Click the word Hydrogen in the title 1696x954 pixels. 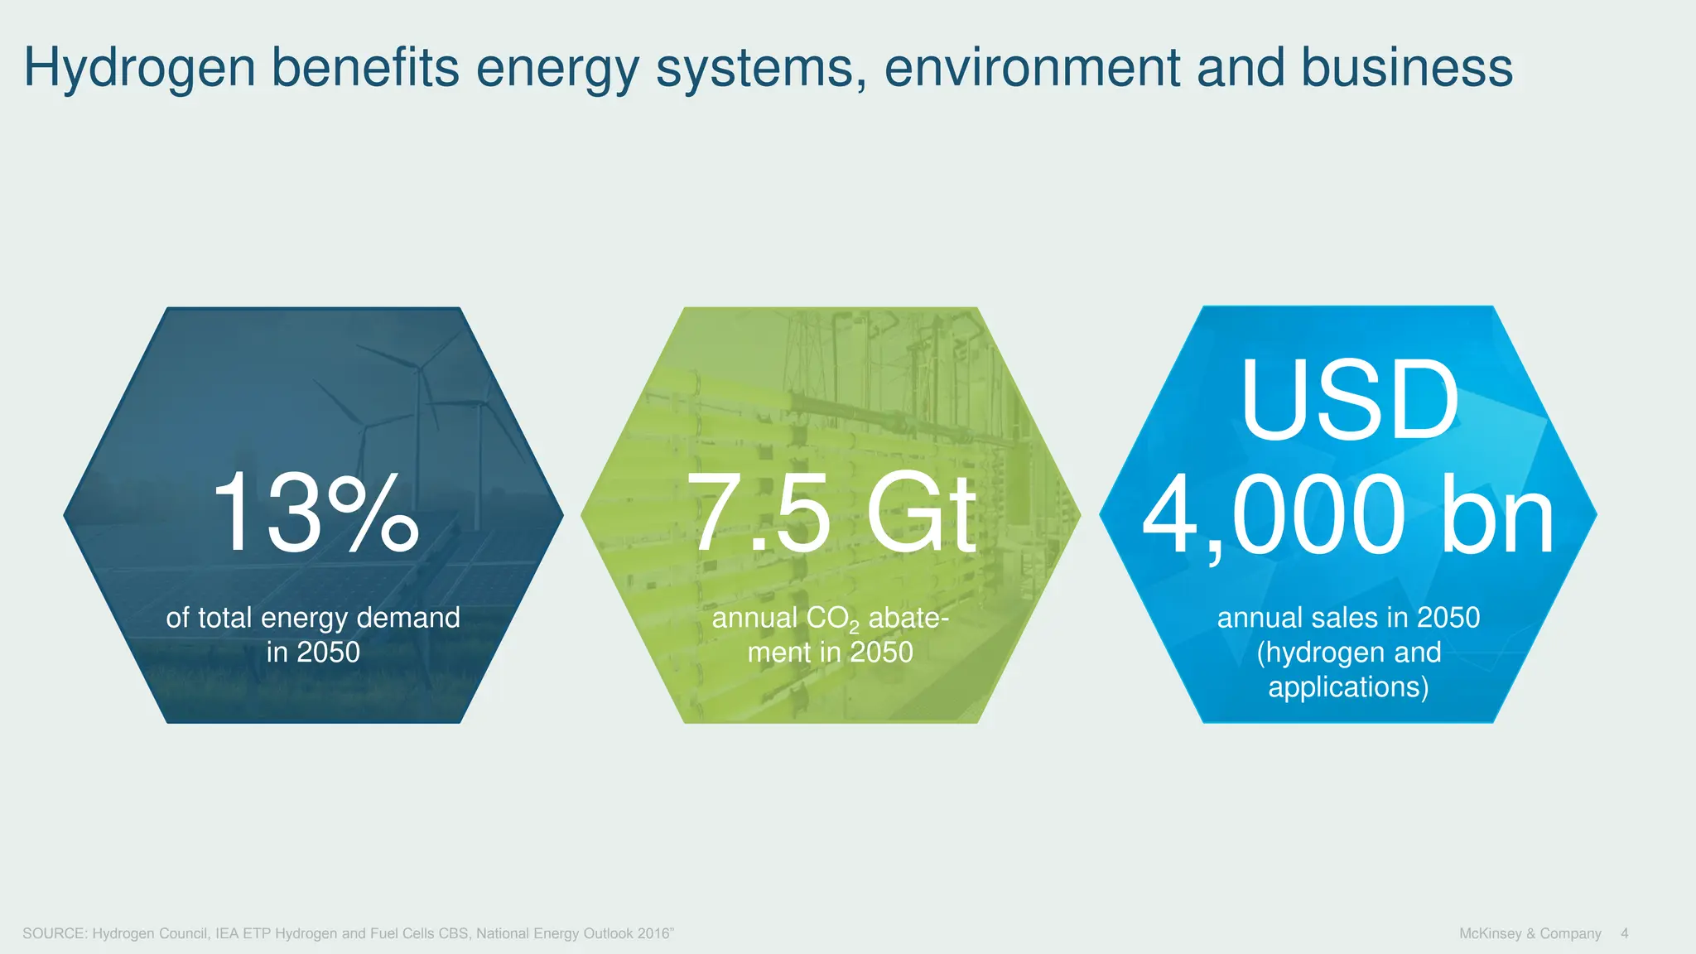coord(139,70)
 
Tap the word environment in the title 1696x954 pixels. coord(1032,68)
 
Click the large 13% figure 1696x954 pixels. coord(314,513)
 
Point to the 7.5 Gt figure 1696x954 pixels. coord(831,513)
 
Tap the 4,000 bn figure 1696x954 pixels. coord(1348,514)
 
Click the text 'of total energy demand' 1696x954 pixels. coord(313,618)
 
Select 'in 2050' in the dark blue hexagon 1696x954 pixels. coord(313,653)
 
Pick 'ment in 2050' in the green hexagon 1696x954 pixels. coord(830,653)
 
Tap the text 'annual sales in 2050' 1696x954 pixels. coord(1348,618)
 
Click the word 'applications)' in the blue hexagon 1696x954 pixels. coord(1348,687)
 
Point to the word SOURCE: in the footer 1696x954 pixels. coord(55,933)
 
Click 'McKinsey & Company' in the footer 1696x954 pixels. coord(1530,933)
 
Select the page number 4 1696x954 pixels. coord(1624,933)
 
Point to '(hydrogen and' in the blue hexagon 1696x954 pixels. coord(1348,653)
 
